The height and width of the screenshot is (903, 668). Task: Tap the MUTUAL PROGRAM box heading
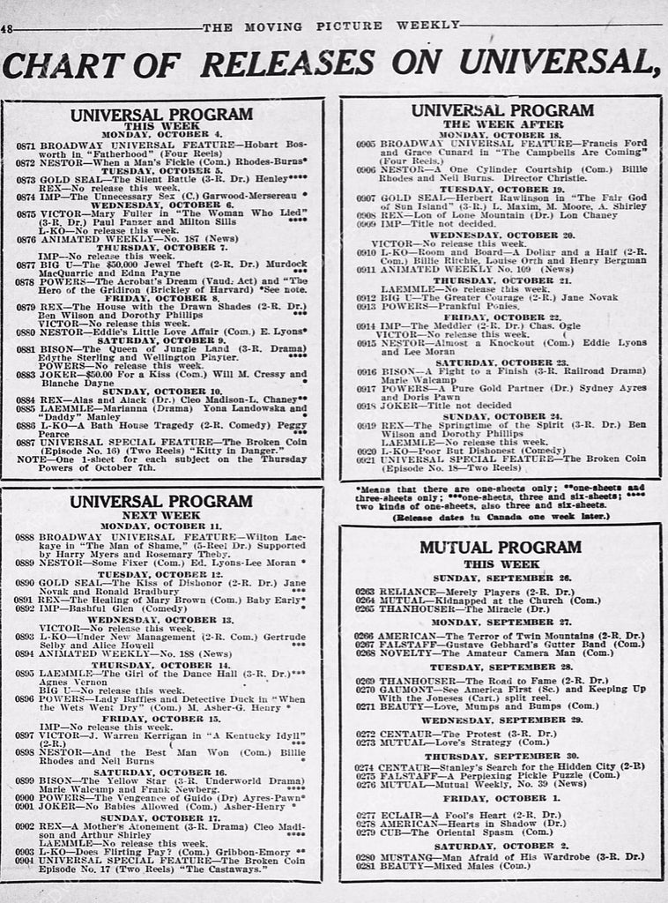501,548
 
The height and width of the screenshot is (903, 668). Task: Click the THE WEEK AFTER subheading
501,124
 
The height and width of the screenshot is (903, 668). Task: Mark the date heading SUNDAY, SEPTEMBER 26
501,578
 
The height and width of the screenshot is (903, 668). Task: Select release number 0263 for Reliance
365,591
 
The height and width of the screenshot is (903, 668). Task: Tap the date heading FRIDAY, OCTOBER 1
501,797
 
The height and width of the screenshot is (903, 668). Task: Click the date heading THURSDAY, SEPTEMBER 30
501,756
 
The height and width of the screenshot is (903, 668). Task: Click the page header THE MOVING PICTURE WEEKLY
332,26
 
